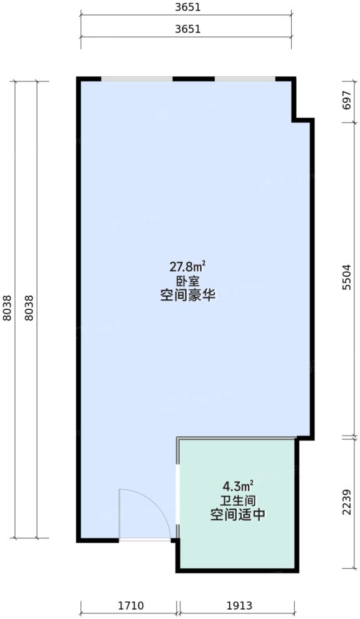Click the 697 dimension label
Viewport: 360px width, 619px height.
347,100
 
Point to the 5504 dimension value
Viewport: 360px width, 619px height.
347,277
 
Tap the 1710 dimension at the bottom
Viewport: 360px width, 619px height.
131,606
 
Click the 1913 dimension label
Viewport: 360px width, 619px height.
239,606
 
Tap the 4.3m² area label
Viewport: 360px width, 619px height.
238,486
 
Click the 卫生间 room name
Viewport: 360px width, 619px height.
238,501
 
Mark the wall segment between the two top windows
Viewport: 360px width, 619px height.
193,79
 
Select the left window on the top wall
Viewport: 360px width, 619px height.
137,79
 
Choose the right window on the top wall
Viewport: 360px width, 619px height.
245,79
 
